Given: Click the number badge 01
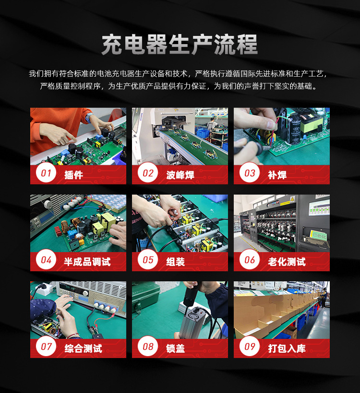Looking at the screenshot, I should pos(46,173).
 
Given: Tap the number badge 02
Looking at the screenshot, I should pos(147,173).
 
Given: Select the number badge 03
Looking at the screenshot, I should pos(249,173).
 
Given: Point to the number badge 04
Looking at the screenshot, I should pos(46,260).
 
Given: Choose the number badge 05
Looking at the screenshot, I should pos(147,260).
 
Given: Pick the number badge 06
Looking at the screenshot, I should pos(249,260).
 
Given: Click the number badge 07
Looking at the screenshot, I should pos(46,347).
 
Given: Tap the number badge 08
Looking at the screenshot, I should pos(147,347).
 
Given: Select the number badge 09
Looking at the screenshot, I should pos(249,347).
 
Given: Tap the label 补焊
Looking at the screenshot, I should pos(277,175).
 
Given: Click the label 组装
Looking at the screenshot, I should pos(175,262).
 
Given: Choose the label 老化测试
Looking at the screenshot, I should pos(287,262).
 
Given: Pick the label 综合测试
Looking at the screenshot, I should pos(83,348).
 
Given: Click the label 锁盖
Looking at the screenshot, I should pos(175,348).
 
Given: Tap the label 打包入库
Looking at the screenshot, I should pos(287,348).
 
